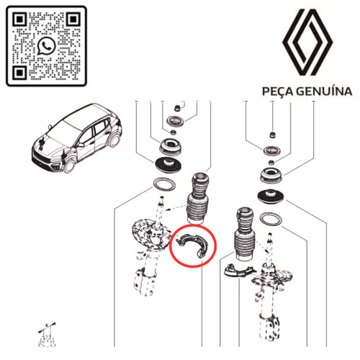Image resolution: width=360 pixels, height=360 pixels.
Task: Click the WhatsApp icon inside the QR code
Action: [46, 46]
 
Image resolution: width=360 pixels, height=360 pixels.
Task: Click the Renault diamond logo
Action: [307, 42]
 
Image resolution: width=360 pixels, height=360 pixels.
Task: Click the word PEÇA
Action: [278, 91]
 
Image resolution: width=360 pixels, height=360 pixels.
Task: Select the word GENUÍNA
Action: [324, 91]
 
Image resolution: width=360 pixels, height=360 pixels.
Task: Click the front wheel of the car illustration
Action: [69, 165]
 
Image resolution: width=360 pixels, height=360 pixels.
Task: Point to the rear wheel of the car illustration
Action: [114, 140]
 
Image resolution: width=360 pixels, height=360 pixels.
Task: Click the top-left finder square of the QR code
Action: [19, 19]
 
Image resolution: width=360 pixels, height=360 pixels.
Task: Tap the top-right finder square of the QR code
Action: [73, 19]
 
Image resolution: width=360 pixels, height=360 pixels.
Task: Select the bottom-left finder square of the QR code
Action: [19, 73]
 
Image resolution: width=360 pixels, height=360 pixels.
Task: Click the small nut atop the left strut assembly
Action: [177, 108]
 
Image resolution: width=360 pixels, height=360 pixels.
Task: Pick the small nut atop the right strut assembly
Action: [272, 135]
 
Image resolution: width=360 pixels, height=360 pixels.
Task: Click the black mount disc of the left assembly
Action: [168, 165]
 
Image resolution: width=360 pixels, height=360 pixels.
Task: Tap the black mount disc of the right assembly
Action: [271, 197]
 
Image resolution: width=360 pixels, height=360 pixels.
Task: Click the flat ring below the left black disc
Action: [164, 184]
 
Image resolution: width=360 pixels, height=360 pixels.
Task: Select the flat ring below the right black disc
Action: [271, 219]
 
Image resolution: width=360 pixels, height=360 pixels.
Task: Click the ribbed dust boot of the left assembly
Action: [198, 199]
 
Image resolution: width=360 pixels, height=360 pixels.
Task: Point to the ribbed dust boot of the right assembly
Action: [244, 234]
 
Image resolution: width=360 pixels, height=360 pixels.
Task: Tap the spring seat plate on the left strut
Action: [149, 235]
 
